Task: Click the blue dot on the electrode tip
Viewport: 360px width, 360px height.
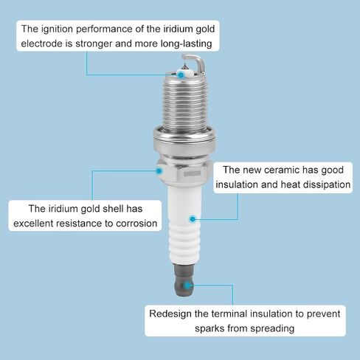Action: [181, 75]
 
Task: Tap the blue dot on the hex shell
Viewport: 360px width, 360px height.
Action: [159, 171]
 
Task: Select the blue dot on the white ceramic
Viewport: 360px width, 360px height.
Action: [193, 219]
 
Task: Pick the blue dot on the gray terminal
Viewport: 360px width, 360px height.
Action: [187, 285]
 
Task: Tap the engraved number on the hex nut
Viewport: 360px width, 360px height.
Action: [193, 174]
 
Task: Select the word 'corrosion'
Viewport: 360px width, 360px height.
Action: [136, 224]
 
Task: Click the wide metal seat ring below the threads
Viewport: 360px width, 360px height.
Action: [184, 140]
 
